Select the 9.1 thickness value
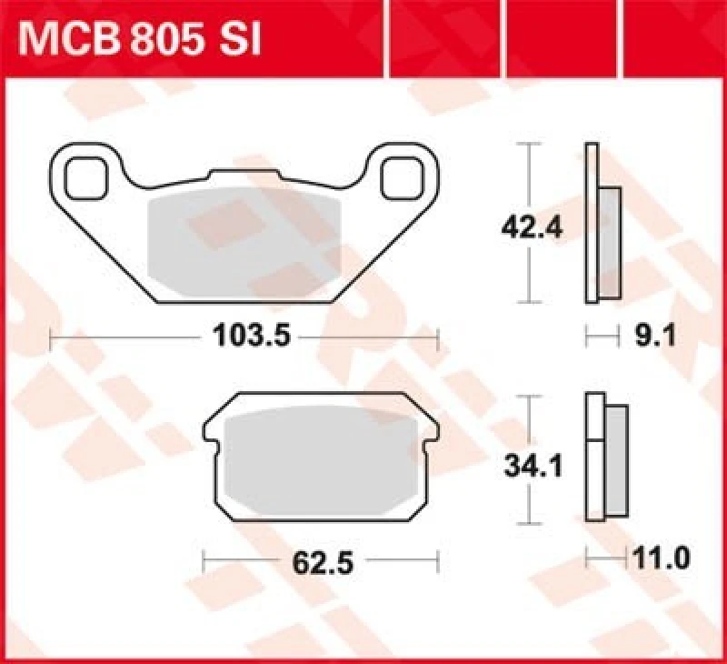637,338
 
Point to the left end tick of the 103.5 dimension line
50,338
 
